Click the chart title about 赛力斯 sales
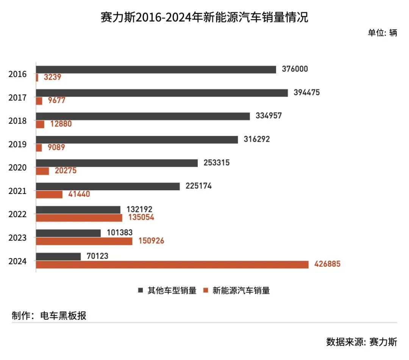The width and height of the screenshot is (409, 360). point(204,17)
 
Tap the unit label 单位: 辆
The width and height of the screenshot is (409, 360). point(382,33)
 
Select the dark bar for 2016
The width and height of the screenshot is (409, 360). point(156,69)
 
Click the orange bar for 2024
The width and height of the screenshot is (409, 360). point(172,265)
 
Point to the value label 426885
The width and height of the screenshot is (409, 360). point(327,264)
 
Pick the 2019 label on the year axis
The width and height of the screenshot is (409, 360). point(17,144)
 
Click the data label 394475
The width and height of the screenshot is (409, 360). point(306,92)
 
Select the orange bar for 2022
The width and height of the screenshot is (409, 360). point(79,218)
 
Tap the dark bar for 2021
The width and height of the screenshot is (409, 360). point(108,186)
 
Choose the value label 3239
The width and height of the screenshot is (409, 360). point(52,77)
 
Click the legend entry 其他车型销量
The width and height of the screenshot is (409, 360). point(167,291)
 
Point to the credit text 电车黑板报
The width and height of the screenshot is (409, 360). point(63,316)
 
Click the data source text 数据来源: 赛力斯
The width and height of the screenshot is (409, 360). point(362,341)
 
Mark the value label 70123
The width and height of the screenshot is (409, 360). point(97,256)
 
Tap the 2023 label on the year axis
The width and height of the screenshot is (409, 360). point(17,238)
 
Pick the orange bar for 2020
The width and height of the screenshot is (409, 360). point(42,171)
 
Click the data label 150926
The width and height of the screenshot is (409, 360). point(151,241)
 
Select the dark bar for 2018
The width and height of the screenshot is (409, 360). point(143,116)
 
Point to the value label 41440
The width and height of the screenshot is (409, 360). point(79,194)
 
